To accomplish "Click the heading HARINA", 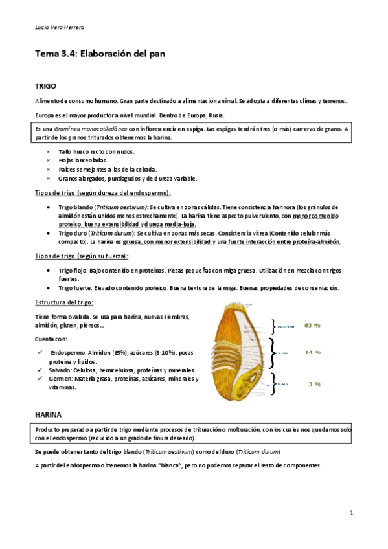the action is [x=49, y=412].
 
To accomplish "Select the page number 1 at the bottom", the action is [x=350, y=513].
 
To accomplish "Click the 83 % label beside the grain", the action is [x=313, y=326].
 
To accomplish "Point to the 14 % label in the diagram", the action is [x=314, y=353].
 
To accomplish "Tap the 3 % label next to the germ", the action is [x=315, y=384].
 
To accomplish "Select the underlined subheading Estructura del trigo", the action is [x=65, y=303].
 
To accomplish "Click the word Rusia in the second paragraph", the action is [x=217, y=115].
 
